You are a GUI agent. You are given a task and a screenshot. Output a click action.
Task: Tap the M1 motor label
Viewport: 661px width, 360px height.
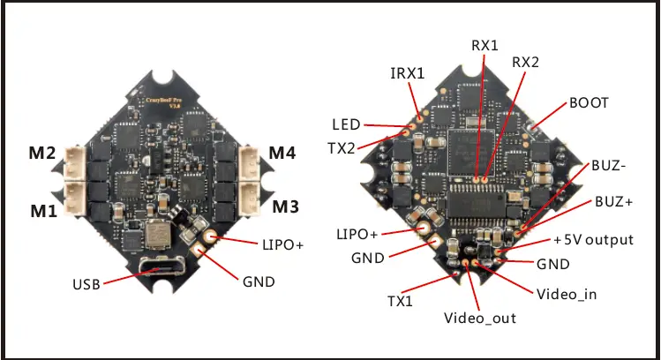[x=42, y=212]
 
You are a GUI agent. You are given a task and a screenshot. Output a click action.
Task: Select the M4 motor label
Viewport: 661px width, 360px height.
[x=283, y=154]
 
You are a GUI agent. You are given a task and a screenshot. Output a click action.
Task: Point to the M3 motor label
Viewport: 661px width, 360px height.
[x=284, y=208]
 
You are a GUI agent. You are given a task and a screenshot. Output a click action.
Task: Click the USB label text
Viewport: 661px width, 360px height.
[x=86, y=284]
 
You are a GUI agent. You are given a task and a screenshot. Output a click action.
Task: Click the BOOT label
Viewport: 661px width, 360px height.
[x=589, y=102]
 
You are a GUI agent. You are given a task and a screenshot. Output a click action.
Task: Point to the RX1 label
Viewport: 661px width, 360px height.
[x=484, y=44]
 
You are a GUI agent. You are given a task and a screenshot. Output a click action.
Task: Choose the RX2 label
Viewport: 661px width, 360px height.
[x=526, y=64]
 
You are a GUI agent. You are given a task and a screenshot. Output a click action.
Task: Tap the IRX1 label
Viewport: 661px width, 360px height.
[x=408, y=74]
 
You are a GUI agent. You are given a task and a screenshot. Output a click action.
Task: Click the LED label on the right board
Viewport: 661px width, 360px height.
[x=345, y=124]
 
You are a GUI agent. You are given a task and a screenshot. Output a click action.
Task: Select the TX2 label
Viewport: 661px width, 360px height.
[x=342, y=147]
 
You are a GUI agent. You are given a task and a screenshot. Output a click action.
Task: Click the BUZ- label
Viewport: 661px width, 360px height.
[x=611, y=165]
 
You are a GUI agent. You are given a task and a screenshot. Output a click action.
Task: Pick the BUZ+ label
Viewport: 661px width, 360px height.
[x=613, y=201]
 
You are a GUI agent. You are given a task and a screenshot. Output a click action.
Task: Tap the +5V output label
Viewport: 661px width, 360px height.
[x=594, y=240]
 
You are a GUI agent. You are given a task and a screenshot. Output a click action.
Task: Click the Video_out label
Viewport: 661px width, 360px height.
[x=480, y=318]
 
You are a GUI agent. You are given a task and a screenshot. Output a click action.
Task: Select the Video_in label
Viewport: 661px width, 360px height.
[x=566, y=293]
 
